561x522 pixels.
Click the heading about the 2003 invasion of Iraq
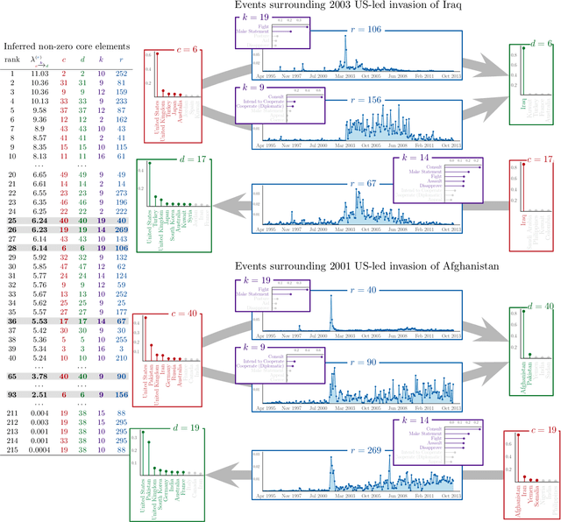pos(346,9)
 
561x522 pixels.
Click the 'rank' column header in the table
pos(12,60)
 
